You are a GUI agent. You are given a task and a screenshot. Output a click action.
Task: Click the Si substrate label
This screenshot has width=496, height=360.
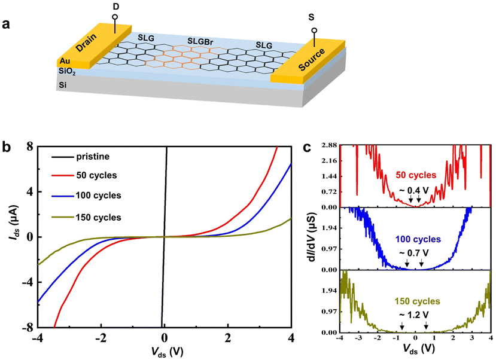(62, 86)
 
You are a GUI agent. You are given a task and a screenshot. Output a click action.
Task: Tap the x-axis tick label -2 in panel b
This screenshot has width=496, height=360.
(101, 337)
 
